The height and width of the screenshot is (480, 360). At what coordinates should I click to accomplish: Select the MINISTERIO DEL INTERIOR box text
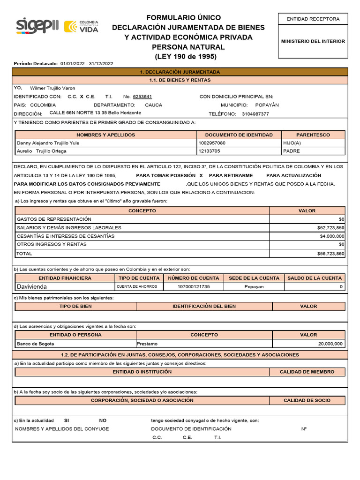(313, 41)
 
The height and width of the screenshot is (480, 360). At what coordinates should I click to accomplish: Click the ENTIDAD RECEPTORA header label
(313, 19)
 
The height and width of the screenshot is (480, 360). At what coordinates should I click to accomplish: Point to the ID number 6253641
(142, 96)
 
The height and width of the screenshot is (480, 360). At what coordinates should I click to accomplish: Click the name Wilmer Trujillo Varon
(52, 88)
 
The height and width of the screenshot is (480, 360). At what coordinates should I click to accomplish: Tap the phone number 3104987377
(255, 114)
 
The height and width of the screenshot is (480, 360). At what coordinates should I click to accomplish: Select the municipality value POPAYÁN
(267, 105)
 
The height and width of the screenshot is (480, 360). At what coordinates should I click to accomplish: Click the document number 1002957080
(212, 143)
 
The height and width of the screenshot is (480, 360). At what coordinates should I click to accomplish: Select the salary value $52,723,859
(330, 228)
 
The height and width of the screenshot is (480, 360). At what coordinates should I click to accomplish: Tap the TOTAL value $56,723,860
(330, 254)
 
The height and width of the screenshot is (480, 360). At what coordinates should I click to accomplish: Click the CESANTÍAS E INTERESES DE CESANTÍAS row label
(66, 236)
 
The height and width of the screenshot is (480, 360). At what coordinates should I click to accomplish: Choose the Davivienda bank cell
(32, 286)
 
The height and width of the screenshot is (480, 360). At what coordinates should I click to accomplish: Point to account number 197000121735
(194, 286)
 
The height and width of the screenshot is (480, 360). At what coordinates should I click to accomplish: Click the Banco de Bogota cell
(35, 344)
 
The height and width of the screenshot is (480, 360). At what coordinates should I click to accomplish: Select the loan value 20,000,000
(330, 344)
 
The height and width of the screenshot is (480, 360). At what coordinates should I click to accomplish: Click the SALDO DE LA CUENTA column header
(315, 278)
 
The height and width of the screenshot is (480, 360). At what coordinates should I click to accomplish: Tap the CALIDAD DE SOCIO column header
(307, 400)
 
